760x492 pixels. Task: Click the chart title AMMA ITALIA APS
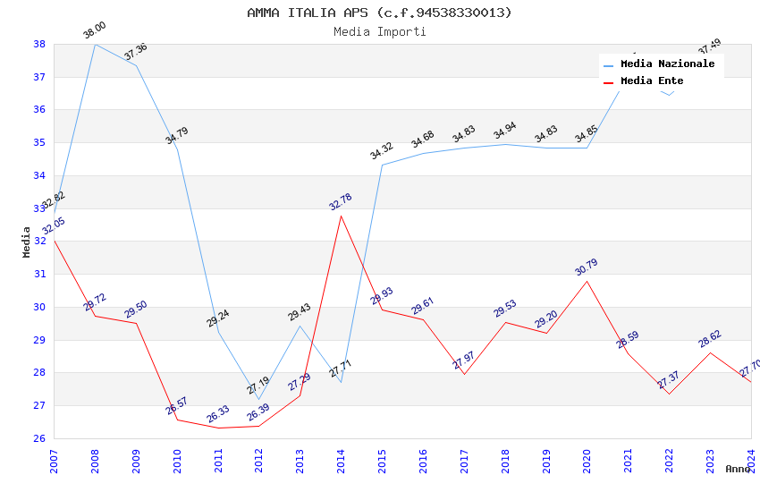click(379, 13)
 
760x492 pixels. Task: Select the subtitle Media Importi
click(379, 32)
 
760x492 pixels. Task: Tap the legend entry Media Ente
click(652, 81)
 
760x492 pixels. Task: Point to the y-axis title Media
click(27, 242)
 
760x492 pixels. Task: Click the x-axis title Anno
click(738, 469)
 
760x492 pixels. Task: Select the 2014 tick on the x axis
click(341, 460)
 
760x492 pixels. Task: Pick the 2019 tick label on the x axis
click(546, 460)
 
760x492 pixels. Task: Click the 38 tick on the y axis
click(39, 44)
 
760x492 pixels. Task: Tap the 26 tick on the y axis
click(39, 438)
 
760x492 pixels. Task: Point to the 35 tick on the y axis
click(39, 142)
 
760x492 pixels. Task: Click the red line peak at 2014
click(341, 216)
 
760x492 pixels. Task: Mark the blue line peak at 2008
click(95, 44)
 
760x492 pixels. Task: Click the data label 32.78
click(341, 202)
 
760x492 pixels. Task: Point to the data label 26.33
click(218, 414)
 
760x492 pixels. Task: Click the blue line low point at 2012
click(258, 399)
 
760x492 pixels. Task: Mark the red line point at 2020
click(587, 281)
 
